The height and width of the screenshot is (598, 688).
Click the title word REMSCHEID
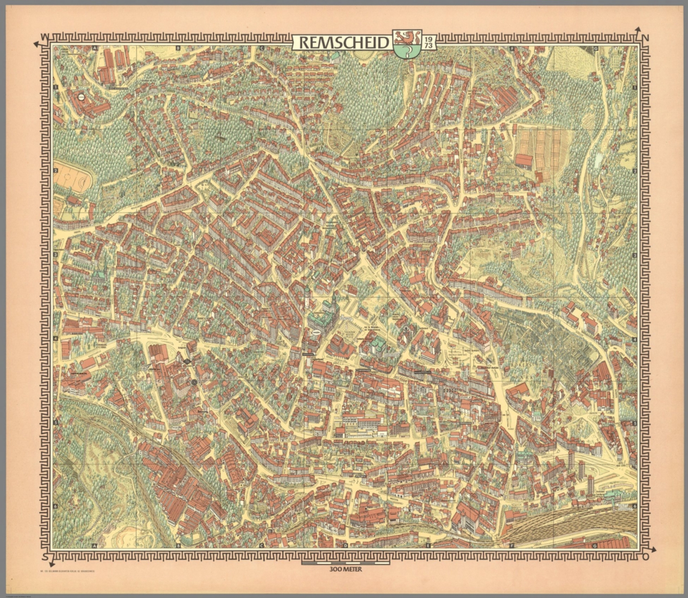click(343, 43)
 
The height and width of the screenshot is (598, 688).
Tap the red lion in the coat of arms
click(407, 36)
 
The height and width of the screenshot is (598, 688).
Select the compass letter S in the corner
click(44, 556)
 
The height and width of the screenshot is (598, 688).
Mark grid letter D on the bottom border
click(345, 545)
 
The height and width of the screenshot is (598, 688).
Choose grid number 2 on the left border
click(56, 171)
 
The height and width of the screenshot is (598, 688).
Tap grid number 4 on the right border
click(634, 340)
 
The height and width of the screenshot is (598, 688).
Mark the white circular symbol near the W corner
click(82, 96)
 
